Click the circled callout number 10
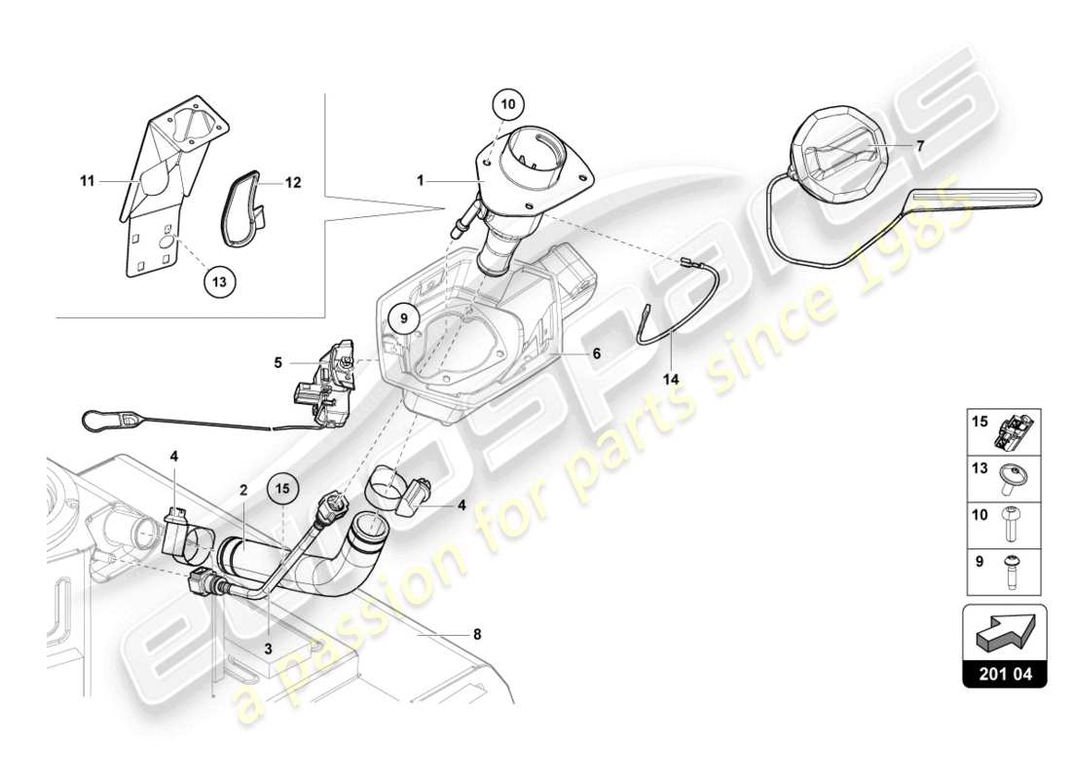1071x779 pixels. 510,102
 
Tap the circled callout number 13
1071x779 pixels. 220,282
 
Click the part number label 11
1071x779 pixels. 88,181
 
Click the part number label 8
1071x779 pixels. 476,635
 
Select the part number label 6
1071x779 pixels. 595,354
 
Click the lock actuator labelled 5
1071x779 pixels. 323,372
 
